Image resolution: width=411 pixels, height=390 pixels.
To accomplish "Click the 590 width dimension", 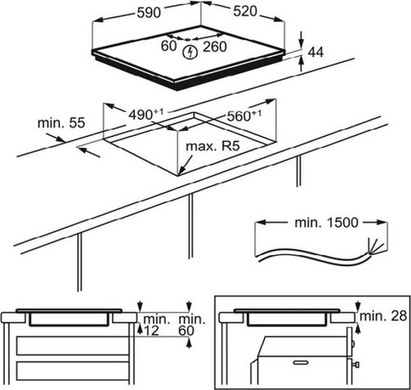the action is point(149,12).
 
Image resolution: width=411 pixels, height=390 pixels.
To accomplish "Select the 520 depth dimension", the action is point(245,12).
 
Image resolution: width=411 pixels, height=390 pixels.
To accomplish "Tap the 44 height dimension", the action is point(316,52).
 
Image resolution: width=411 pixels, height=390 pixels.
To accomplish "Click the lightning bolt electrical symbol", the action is point(190,52).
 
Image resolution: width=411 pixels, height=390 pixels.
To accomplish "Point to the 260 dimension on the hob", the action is point(215,47).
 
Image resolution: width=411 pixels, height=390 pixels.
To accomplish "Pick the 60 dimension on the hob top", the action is point(169,45).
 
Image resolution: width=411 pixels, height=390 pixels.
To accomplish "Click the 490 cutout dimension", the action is point(146,114).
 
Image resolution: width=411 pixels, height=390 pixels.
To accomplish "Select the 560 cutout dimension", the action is point(244,115).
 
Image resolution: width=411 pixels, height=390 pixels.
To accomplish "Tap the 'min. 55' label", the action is point(61,123).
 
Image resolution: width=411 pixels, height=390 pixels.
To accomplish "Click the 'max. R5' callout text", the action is point(213,146).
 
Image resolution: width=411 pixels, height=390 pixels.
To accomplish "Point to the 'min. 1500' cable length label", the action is point(326,223).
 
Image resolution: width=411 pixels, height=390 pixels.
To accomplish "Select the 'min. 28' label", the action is point(383,316).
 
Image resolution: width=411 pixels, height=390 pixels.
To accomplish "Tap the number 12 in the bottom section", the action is point(151,331).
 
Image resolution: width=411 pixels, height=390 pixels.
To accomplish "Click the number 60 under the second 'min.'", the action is point(187,331).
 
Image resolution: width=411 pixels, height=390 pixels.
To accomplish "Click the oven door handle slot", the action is point(301,363).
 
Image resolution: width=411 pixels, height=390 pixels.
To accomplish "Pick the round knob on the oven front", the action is point(356,365).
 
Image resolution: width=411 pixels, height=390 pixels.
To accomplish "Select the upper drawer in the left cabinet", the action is point(72,346).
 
